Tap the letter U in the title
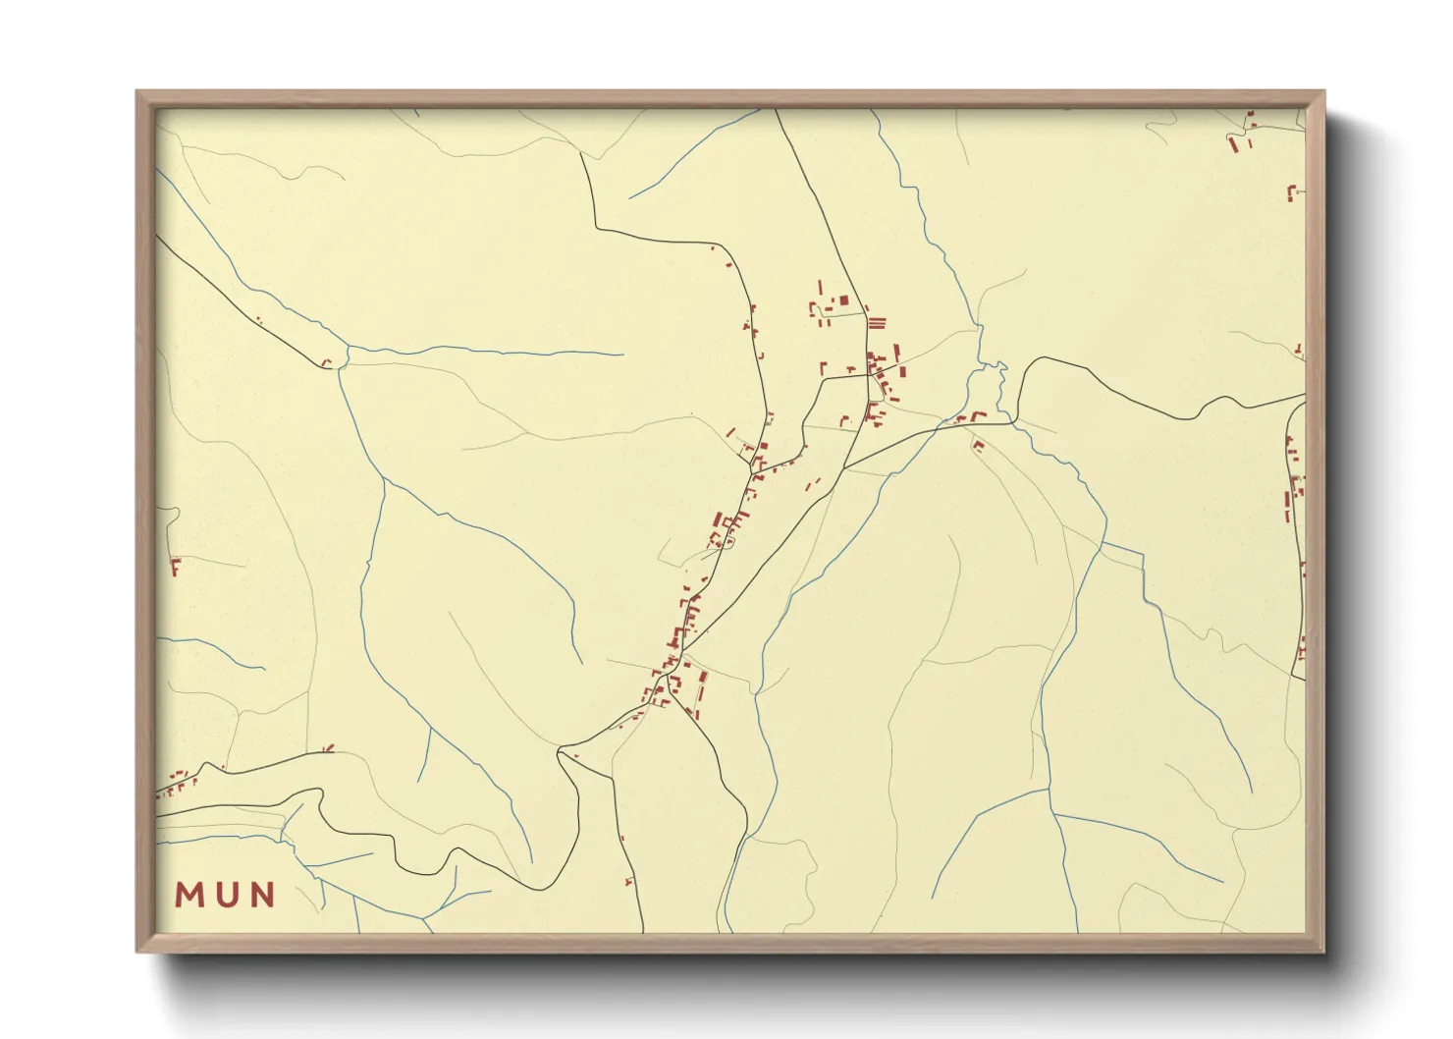click(226, 895)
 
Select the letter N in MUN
click(261, 895)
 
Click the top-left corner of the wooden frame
click(137, 92)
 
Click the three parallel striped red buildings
click(877, 322)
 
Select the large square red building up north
click(843, 300)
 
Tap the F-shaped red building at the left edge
click(176, 566)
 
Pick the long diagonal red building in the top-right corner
click(1234, 144)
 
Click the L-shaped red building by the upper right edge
click(1291, 191)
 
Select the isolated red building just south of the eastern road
click(978, 445)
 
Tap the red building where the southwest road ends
click(327, 362)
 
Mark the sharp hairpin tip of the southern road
click(559, 753)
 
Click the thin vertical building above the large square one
click(820, 287)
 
